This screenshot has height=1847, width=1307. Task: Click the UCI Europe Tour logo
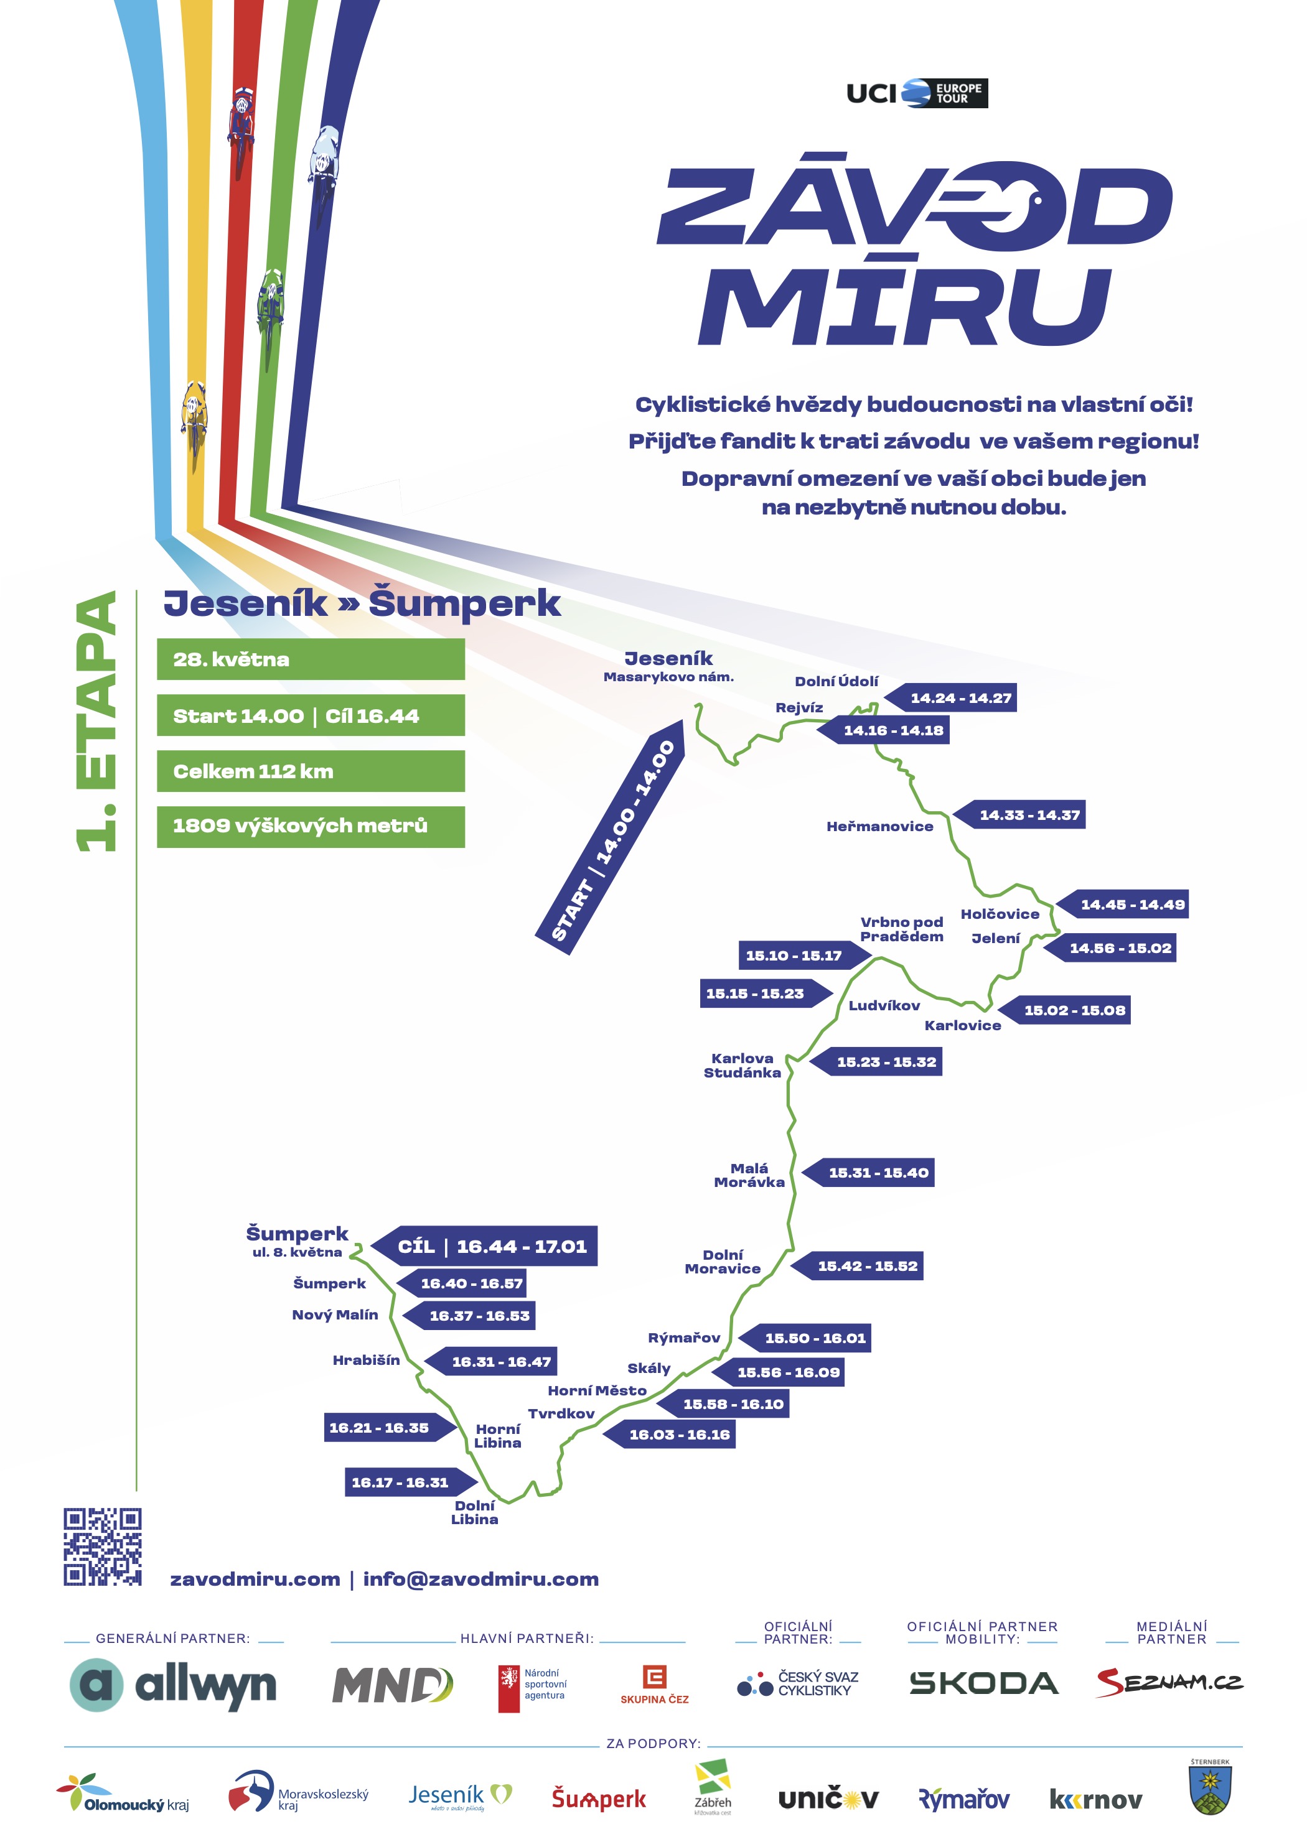pos(917,93)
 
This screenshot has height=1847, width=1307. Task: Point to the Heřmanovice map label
pos(879,826)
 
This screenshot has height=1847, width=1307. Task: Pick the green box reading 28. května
pos(311,659)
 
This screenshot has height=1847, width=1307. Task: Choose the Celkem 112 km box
pos(311,771)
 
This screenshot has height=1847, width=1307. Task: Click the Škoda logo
pos(983,1683)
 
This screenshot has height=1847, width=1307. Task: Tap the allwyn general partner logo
pos(173,1685)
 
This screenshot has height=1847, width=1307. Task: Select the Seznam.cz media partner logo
pos(1169,1682)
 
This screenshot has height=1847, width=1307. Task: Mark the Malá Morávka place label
pos(749,1175)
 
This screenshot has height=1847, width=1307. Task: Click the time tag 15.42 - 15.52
pos(860,1265)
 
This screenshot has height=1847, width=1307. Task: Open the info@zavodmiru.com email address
pos(480,1579)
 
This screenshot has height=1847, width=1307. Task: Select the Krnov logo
pos(1095,1800)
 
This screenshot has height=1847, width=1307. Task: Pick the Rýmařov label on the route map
pos(683,1338)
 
